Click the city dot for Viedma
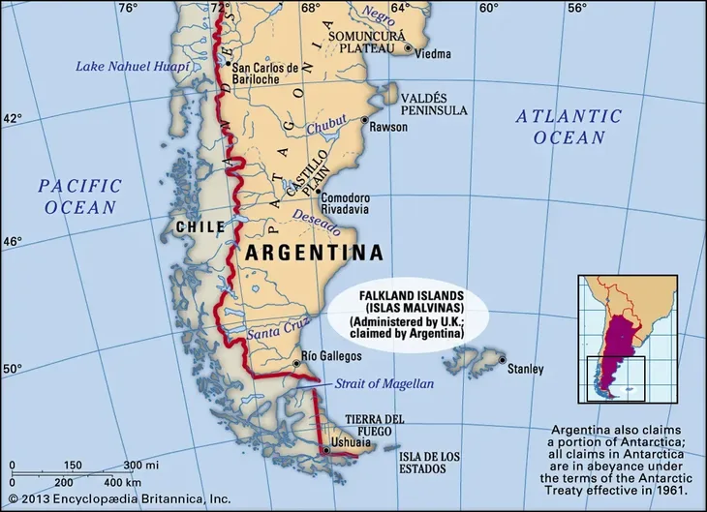click(409, 47)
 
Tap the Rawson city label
click(388, 126)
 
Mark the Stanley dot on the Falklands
click(502, 361)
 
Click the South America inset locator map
click(628, 338)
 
